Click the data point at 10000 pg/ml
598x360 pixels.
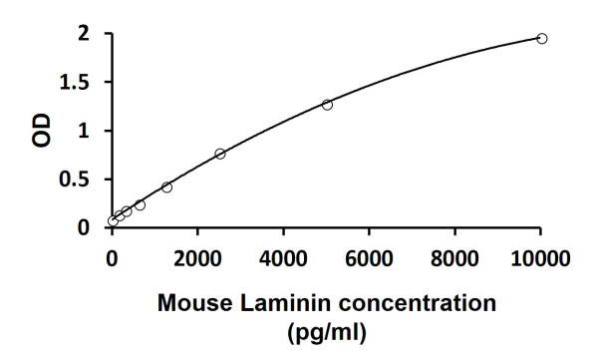tap(541, 38)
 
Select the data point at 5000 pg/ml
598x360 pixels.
tap(327, 104)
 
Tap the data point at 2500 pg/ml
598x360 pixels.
tap(220, 154)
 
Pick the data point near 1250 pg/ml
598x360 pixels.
tap(166, 186)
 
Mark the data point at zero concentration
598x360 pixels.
tap(113, 221)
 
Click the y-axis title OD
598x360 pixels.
tap(40, 131)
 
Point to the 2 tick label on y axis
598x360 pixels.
tap(85, 34)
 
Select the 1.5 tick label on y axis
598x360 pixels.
tap(78, 83)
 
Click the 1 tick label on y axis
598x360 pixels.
tap(85, 131)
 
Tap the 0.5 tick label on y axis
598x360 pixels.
tap(78, 180)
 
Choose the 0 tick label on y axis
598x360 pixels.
tap(85, 227)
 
